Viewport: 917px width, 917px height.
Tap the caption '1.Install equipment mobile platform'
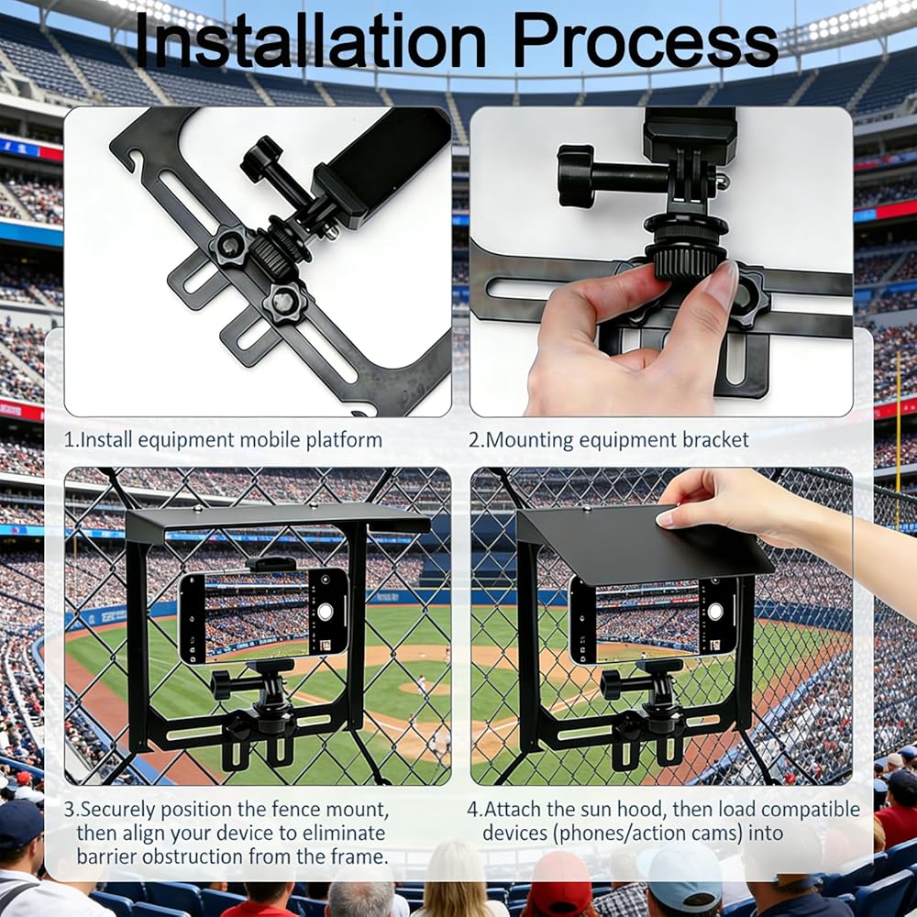pyautogui.click(x=223, y=440)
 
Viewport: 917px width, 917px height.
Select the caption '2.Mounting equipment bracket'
pyautogui.click(x=608, y=440)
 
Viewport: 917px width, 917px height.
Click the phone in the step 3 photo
pyautogui.click(x=263, y=617)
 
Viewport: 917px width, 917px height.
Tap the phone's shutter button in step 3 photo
pyautogui.click(x=326, y=613)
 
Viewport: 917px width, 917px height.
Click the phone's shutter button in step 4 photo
pyautogui.click(x=714, y=612)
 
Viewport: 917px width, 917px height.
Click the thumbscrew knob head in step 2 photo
pyautogui.click(x=569, y=176)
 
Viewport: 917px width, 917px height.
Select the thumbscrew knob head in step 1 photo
pyautogui.click(x=260, y=158)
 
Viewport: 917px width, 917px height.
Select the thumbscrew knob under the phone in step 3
pyautogui.click(x=221, y=685)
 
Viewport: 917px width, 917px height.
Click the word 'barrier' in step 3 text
pyautogui.click(x=106, y=856)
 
